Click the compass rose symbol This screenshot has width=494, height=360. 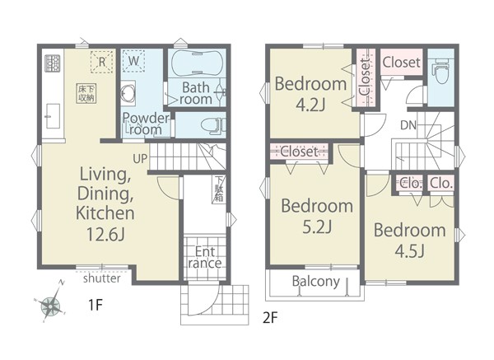click(x=50, y=304)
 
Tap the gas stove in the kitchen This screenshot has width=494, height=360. click(x=53, y=63)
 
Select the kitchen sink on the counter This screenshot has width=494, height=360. click(x=53, y=116)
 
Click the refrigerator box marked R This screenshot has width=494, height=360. click(x=102, y=62)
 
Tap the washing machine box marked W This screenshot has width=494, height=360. click(x=133, y=61)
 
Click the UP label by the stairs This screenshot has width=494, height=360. click(x=140, y=158)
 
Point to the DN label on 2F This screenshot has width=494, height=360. click(x=408, y=125)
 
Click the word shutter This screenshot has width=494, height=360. click(x=102, y=278)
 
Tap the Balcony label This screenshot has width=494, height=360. click(x=316, y=281)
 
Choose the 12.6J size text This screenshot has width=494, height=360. click(x=105, y=234)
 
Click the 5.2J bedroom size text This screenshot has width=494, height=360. click(x=317, y=227)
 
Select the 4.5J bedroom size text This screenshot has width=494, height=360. click(x=410, y=251)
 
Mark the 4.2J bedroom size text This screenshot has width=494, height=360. click(x=310, y=105)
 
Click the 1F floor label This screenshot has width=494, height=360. click(x=96, y=305)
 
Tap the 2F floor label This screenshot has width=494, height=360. click(x=270, y=318)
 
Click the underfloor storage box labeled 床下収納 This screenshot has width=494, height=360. click(x=86, y=93)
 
